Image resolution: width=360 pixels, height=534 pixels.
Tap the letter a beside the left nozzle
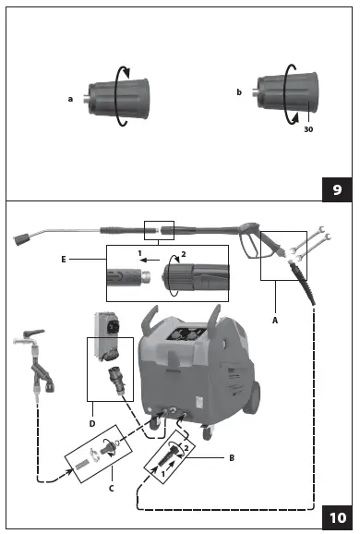pos(69,97)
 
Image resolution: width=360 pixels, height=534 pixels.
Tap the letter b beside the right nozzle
pos(240,93)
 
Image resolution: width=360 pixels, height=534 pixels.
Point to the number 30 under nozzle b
pos(308,130)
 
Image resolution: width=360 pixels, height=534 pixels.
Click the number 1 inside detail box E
pos(138,252)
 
